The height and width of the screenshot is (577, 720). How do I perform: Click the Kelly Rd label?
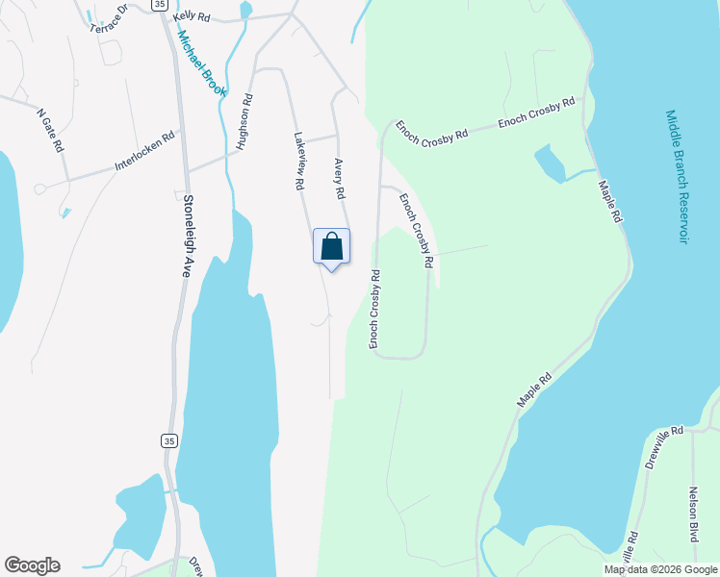pos(192,17)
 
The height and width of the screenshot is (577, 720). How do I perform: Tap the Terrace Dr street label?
pos(109,22)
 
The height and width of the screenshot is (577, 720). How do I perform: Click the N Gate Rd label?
pos(50,131)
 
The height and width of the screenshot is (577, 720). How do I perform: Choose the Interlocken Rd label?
pos(147,151)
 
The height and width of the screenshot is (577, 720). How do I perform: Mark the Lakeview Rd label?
pos(299,160)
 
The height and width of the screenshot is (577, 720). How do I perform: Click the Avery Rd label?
pos(339,179)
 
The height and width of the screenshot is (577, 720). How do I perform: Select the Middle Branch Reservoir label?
pos(676,176)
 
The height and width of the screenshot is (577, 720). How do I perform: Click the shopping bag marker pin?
pos(331,247)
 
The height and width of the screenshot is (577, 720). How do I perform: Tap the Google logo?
pos(32,565)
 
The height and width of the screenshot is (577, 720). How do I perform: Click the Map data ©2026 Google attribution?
pos(660,569)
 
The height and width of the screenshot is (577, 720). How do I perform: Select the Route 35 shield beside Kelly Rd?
pos(159,5)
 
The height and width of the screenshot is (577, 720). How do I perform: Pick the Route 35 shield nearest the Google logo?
pos(169,440)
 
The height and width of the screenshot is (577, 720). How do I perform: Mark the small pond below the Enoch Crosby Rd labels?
pos(550,163)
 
